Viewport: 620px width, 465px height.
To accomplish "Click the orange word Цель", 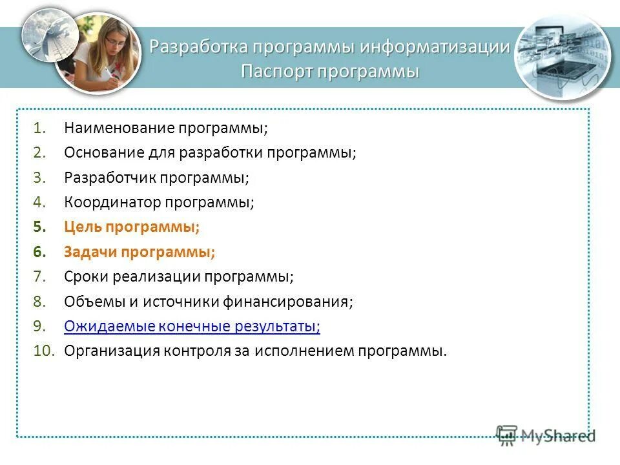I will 83,227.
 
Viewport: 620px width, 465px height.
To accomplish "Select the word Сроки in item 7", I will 86,276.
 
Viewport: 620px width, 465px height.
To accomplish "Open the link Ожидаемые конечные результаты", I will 192,327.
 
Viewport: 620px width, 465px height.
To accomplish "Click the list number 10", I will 46,351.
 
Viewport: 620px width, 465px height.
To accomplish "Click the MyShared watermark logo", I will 545,435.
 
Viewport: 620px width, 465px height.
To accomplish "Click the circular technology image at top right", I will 563,57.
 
